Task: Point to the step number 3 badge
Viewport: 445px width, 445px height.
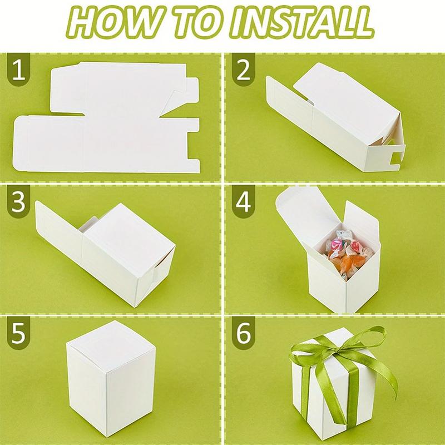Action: coord(19,204)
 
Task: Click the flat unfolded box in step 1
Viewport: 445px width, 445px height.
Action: coord(106,120)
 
